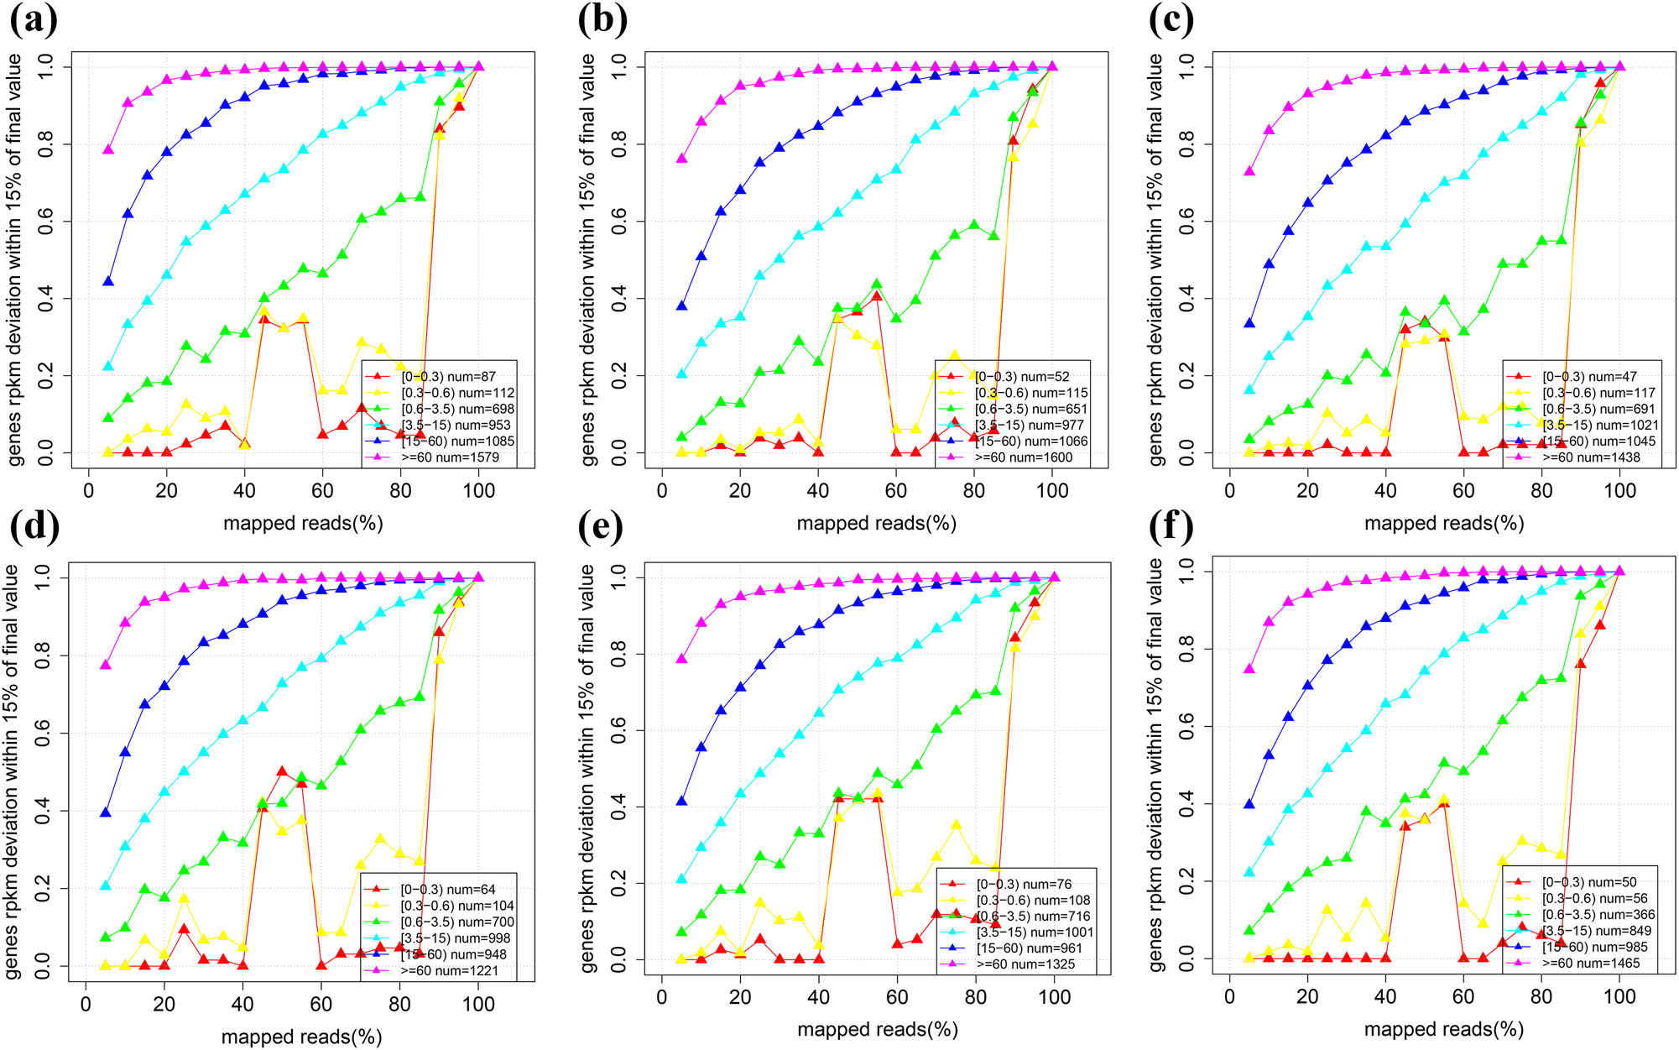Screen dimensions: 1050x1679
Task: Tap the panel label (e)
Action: click(x=601, y=526)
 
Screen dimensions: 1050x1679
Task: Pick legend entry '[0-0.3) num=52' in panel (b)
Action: click(x=1022, y=377)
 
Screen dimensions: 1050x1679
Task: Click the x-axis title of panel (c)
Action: click(x=1443, y=523)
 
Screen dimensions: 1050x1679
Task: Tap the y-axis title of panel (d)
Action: click(x=12, y=771)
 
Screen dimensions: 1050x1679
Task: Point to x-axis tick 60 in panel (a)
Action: click(x=323, y=490)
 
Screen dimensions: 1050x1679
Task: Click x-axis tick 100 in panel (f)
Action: click(x=1619, y=996)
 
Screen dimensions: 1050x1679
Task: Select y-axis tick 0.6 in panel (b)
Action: click(x=619, y=222)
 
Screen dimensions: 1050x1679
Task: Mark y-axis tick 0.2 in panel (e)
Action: click(x=619, y=883)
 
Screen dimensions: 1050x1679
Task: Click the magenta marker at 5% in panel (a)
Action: click(x=107, y=149)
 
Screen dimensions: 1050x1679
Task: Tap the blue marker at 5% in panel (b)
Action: click(x=682, y=306)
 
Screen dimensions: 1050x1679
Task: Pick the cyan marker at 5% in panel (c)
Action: click(x=1249, y=389)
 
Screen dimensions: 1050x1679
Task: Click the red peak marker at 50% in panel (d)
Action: click(x=282, y=771)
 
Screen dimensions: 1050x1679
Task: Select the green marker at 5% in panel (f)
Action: click(x=1249, y=930)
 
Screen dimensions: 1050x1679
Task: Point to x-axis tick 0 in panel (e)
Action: click(x=662, y=996)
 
